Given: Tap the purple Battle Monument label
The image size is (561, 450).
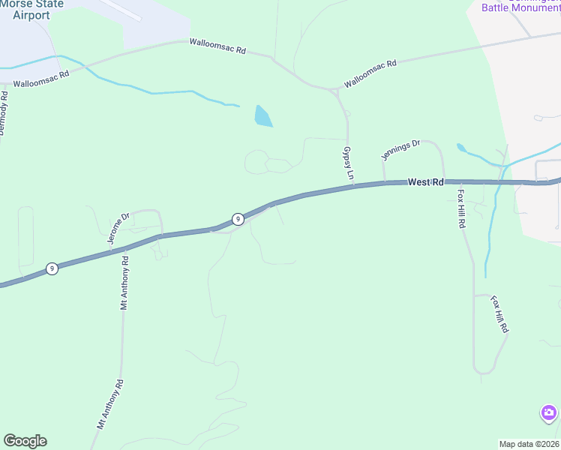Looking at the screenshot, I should pyautogui.click(x=517, y=7).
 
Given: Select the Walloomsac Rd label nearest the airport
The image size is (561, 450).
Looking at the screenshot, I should pyautogui.click(x=41, y=75).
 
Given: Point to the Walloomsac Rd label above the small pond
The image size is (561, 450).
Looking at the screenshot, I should pyautogui.click(x=217, y=46).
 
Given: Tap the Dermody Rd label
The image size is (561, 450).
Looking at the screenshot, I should pyautogui.click(x=4, y=112).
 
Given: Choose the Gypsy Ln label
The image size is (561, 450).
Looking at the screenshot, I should pyautogui.click(x=348, y=163).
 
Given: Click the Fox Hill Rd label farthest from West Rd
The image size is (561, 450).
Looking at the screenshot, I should pyautogui.click(x=500, y=313).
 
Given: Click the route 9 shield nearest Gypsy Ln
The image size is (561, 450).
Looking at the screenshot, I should pyautogui.click(x=237, y=219).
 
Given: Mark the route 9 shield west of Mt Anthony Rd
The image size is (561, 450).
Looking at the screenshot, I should pyautogui.click(x=52, y=268).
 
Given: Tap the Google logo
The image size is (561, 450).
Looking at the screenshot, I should pyautogui.click(x=25, y=441).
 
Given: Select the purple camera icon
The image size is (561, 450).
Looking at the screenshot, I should pyautogui.click(x=549, y=412).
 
